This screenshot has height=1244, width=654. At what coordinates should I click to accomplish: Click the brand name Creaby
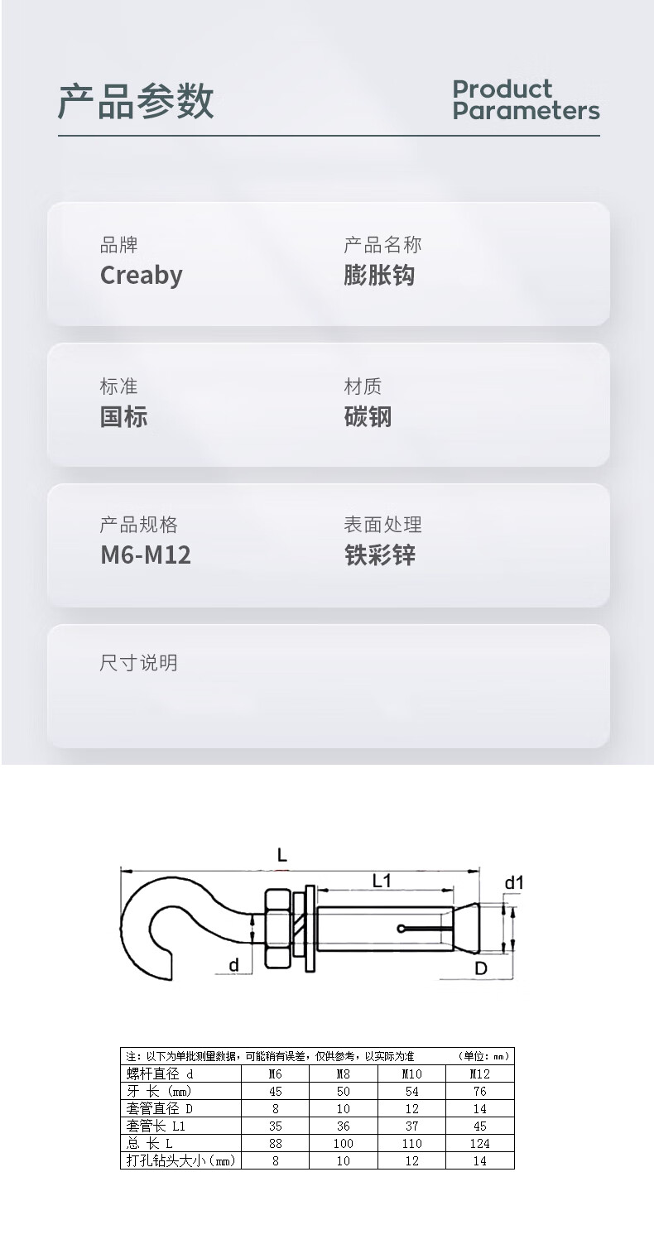tap(141, 276)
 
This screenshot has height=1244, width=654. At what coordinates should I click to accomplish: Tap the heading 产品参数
tap(136, 103)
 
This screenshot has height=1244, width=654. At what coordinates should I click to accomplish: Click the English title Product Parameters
tap(525, 100)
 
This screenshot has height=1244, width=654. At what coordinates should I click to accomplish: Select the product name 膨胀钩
tap(379, 276)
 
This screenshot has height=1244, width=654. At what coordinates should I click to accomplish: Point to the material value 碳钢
tap(368, 416)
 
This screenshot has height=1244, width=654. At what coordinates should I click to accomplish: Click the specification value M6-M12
tap(146, 555)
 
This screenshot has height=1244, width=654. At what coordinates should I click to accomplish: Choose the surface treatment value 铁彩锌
tap(379, 555)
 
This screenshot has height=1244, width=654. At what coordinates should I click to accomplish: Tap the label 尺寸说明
tap(138, 663)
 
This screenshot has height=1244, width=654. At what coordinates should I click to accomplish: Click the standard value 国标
tap(123, 416)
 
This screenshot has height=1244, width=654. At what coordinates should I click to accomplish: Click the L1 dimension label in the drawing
tap(381, 881)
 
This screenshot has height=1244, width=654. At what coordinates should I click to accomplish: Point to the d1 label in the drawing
tap(514, 883)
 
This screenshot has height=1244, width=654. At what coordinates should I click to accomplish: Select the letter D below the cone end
tap(480, 968)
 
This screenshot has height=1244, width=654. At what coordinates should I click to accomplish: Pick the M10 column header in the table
tap(411, 1073)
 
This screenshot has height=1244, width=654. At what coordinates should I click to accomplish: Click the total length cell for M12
tap(479, 1143)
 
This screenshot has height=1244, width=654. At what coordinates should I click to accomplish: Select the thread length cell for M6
tap(276, 1091)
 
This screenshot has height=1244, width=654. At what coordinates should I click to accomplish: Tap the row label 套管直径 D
tap(160, 1108)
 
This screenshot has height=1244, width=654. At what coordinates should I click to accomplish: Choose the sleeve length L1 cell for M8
tap(344, 1126)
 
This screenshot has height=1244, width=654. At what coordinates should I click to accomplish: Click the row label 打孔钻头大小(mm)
tap(180, 1160)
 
